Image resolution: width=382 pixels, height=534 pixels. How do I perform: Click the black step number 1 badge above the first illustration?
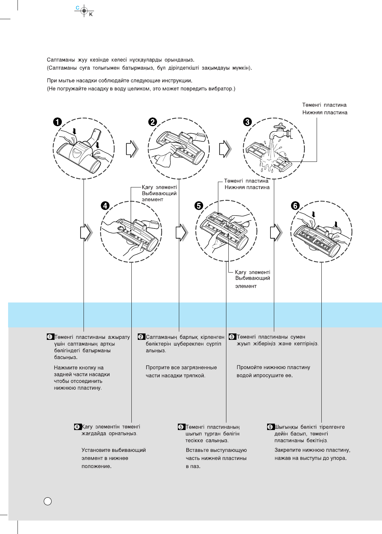coord(58,122)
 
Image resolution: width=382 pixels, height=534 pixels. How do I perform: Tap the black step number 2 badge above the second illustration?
coord(153,122)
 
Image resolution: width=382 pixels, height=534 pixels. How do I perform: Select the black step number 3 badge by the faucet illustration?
coord(248,122)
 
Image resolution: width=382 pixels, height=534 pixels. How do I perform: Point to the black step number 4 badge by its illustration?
coord(105,205)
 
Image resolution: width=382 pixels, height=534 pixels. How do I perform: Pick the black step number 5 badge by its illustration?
coord(199,205)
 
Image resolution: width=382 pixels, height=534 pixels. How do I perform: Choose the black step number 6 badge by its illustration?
coord(295,205)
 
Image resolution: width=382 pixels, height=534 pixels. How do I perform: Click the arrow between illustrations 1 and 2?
coord(132,149)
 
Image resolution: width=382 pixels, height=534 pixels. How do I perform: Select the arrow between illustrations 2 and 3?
coord(225,149)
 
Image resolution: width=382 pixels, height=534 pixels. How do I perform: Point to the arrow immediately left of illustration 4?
coord(86,233)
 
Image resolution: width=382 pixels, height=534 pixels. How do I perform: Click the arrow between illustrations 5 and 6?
coord(276,233)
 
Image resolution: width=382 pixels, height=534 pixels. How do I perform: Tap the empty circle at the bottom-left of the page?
coord(48,501)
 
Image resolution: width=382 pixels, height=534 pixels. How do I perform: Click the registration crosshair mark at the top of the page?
coord(84,11)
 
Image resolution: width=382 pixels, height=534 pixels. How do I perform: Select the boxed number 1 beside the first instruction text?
coord(50,337)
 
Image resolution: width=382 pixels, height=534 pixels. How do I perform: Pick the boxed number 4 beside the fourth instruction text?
coord(77,427)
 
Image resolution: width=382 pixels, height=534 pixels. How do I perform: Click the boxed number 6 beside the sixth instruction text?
coord(270,427)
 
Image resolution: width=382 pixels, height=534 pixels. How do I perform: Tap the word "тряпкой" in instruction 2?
coord(196,376)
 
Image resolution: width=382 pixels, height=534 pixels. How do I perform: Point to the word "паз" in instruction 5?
coord(195,466)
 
